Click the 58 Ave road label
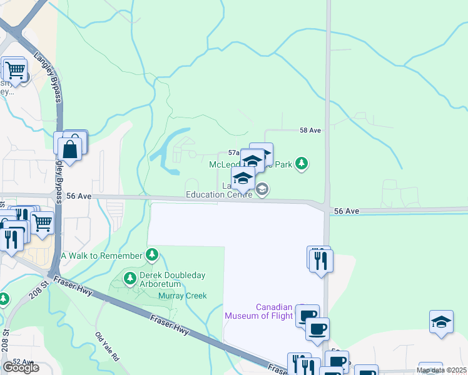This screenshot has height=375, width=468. click(x=310, y=130)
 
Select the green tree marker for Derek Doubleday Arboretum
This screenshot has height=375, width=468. click(x=130, y=278)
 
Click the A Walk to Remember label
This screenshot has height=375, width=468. click(x=102, y=256)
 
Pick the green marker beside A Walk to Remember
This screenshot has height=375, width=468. click(x=151, y=254)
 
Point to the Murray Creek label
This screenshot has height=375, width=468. click(x=182, y=296)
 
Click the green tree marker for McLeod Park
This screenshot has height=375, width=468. click(x=302, y=164)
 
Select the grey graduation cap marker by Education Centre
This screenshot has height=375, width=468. click(x=263, y=188)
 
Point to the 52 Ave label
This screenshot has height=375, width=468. click(x=23, y=361)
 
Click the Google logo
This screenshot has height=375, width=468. click(x=21, y=367)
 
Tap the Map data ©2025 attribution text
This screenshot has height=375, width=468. click(x=440, y=370)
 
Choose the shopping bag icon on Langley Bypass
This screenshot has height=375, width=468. click(x=70, y=149)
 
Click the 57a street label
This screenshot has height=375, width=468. click(x=233, y=152)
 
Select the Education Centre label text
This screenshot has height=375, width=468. click(x=219, y=194)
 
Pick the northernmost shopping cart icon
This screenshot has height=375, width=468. click(x=14, y=70)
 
